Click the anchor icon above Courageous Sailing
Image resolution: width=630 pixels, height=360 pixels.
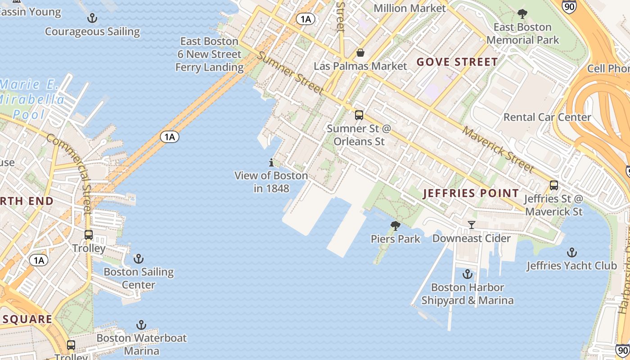92,18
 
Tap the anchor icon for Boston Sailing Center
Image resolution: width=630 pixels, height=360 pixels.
139,259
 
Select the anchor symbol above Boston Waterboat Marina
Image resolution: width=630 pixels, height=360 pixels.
141,325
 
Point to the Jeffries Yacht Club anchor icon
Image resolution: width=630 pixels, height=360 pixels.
571,252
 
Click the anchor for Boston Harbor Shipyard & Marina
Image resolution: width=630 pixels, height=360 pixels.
468,274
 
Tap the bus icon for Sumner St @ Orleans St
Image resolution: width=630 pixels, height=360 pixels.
359,115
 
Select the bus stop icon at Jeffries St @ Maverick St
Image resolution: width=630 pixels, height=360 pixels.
553,185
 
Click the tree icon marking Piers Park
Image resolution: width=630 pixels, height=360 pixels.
395,226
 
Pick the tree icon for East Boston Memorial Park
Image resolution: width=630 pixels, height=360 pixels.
522,14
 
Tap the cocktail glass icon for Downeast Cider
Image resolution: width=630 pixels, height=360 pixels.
471,225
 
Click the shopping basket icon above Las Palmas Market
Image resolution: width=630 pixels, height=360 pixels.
360,53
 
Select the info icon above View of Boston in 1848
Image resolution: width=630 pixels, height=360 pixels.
271,162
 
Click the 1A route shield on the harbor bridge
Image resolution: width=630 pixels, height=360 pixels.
170,137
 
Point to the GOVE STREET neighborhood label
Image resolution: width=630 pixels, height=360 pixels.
457,62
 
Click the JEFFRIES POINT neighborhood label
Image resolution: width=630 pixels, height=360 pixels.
471,193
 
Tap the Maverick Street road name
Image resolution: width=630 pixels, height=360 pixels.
498,150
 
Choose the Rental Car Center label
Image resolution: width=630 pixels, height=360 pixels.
547,117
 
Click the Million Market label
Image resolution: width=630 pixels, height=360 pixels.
409,8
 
